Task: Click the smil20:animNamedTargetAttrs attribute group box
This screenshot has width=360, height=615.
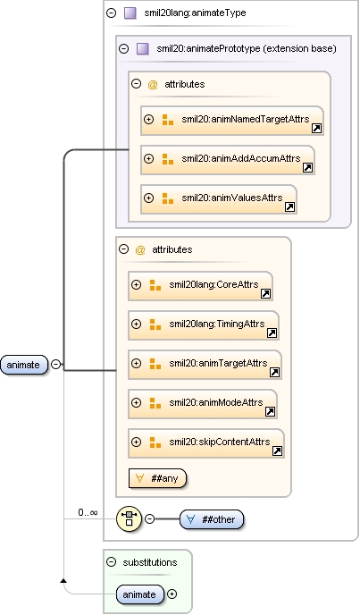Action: click(232, 121)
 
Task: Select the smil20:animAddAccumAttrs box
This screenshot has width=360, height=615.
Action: click(228, 160)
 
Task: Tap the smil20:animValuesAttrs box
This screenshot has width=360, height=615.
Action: click(219, 199)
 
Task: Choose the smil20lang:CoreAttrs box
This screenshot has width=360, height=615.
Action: click(200, 286)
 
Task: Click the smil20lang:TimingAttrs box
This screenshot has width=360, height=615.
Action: click(204, 325)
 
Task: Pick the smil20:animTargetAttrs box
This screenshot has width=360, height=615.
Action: click(205, 365)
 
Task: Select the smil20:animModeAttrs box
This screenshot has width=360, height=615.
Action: click(203, 404)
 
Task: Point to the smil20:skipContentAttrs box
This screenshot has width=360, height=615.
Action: click(206, 443)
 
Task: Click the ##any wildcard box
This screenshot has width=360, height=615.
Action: click(157, 478)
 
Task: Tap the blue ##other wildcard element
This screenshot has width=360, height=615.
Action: click(212, 519)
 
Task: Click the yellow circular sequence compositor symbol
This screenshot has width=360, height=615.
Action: click(129, 518)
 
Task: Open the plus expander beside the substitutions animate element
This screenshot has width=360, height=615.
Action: click(172, 594)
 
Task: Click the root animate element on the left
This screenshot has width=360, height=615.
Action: click(24, 365)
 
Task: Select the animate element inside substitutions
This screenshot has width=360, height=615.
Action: click(139, 594)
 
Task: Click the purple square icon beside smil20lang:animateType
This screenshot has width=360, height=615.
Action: click(130, 13)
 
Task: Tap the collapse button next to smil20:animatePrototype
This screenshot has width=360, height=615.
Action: click(124, 48)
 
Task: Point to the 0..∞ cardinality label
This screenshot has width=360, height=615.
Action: click(88, 512)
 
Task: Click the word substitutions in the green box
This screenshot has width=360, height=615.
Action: click(150, 562)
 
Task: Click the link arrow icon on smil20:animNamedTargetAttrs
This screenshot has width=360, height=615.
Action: click(316, 128)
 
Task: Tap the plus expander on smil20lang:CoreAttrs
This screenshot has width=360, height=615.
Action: click(136, 285)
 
